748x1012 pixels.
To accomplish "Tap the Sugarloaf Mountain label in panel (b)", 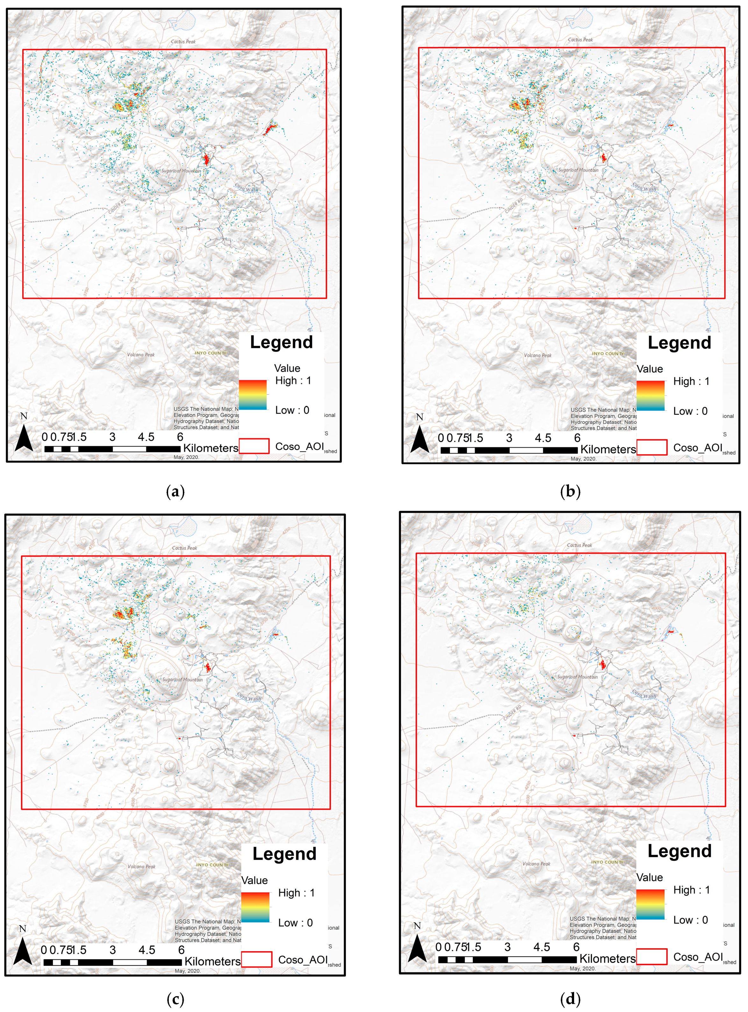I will coord(578,170).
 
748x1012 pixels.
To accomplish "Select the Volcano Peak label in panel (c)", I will coord(141,867).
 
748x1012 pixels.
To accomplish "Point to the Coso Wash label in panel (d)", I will coord(644,693).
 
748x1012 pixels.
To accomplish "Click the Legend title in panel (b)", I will coord(679,343).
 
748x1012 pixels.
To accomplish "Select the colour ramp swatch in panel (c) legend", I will coord(255,907).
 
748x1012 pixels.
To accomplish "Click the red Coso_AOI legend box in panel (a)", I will coord(254,446).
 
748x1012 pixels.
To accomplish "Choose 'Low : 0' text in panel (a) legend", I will coord(292,410).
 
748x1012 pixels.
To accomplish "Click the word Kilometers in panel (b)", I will coord(608,449).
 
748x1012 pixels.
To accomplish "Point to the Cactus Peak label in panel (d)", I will coord(579,545).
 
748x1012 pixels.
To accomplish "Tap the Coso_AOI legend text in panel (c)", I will coord(303,960).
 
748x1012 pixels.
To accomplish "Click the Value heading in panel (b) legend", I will coord(649,369).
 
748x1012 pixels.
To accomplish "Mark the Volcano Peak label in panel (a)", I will coord(140,355).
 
